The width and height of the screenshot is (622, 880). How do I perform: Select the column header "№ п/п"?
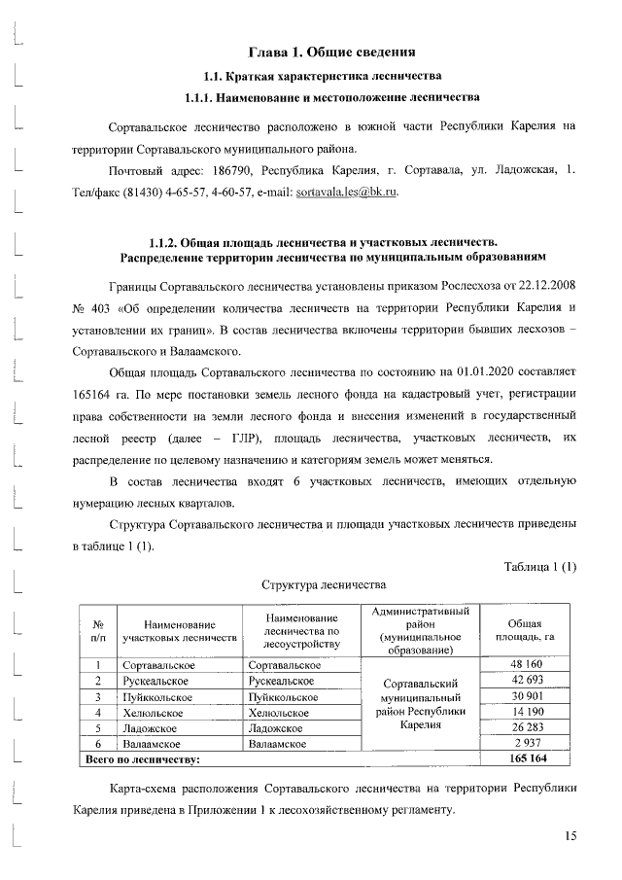pyautogui.click(x=98, y=629)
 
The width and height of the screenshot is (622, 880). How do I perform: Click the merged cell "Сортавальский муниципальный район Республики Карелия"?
pyautogui.click(x=421, y=704)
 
